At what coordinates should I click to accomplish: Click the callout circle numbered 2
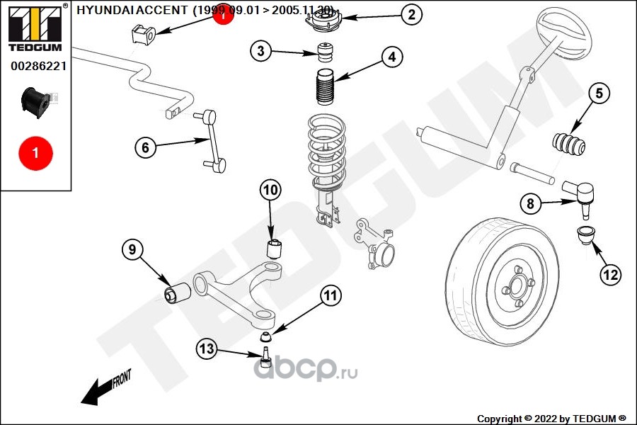tap(411, 13)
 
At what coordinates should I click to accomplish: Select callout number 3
tap(261, 50)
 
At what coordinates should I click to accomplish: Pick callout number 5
tap(599, 93)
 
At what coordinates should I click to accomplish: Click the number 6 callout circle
tap(145, 147)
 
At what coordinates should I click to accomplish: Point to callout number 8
tap(530, 204)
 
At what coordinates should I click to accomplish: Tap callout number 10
tap(270, 189)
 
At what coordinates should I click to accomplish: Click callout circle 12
tap(610, 274)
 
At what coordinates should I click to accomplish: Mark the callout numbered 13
tap(206, 348)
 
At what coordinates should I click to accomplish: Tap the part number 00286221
tap(38, 67)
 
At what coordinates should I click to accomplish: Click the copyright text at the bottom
tap(551, 418)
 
